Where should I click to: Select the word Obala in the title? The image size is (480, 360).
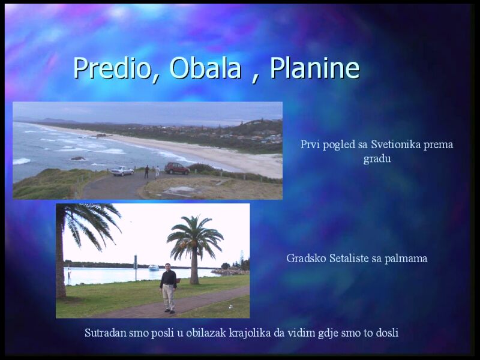click(205, 68)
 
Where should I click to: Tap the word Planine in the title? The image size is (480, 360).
click(314, 68)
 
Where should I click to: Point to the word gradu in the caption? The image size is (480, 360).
click(377, 159)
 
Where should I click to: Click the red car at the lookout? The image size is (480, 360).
click(177, 169)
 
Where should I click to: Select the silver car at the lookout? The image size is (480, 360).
click(122, 171)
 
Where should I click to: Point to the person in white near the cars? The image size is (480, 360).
click(157, 172)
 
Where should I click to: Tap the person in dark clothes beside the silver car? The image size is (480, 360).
click(146, 172)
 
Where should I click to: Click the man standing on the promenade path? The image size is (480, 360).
click(169, 288)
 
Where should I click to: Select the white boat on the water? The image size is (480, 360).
click(154, 268)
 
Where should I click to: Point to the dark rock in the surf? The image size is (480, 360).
click(78, 158)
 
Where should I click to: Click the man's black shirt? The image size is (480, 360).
click(168, 278)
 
